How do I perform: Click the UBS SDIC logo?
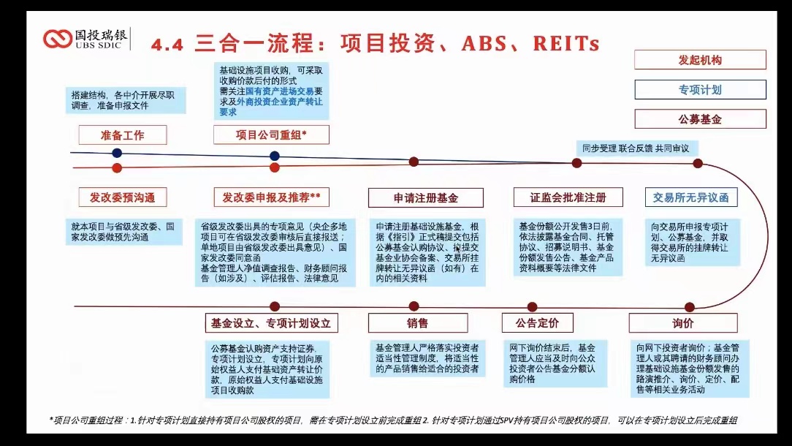click(86, 38)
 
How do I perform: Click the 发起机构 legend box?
click(700, 60)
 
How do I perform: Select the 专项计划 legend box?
click(700, 90)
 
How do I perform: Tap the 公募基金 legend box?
click(700, 119)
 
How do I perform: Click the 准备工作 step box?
click(123, 135)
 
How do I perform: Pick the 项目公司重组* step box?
click(271, 135)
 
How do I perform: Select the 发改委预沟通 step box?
click(123, 197)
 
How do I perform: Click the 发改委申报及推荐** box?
click(271, 197)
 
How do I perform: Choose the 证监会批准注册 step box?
click(568, 197)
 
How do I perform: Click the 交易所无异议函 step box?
click(690, 197)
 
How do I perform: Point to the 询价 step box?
click(683, 323)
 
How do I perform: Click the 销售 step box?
click(417, 323)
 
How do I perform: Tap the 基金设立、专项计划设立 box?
click(271, 323)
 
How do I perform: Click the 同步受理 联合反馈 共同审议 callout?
click(636, 148)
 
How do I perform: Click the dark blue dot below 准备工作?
click(117, 153)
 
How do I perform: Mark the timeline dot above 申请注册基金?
click(414, 162)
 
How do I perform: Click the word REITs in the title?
click(566, 44)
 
